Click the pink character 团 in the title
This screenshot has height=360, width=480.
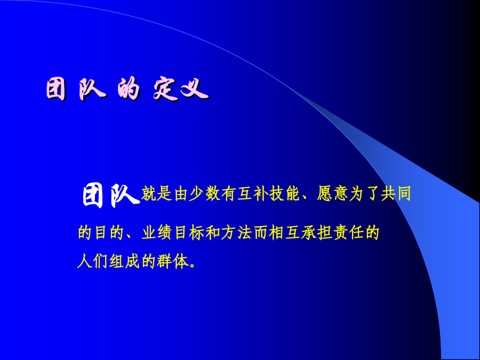[56, 89]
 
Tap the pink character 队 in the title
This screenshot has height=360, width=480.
[92, 89]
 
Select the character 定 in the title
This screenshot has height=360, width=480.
[166, 90]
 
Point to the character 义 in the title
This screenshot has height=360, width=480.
[195, 89]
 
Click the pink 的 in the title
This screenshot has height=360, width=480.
[129, 89]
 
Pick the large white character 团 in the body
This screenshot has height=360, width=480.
[93, 195]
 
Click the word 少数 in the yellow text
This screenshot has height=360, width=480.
[205, 194]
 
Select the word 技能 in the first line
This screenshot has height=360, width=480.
[285, 194]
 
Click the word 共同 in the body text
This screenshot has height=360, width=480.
[396, 194]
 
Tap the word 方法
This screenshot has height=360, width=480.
[236, 233]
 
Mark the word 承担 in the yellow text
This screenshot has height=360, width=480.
[316, 233]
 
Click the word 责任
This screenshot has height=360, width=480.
[348, 233]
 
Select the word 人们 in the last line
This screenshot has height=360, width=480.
[92, 261]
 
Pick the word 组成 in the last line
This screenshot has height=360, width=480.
[125, 261]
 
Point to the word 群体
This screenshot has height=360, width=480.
[172, 261]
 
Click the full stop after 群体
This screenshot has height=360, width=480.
[192, 266]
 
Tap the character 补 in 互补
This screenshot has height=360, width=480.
[260, 194]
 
